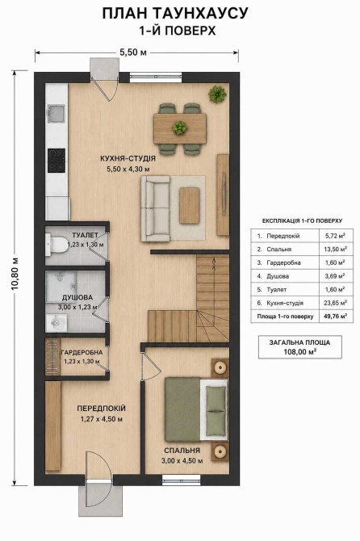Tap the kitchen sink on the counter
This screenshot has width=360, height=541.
(56, 114)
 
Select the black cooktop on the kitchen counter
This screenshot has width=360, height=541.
(57, 161)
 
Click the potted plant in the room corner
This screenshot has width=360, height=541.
(217, 94)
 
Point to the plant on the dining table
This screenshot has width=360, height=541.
(180, 128)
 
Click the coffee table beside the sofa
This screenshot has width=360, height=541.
(190, 205)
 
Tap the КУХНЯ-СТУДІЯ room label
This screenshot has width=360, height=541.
(128, 159)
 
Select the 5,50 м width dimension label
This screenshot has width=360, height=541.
(132, 52)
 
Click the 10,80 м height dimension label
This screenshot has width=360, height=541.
(15, 275)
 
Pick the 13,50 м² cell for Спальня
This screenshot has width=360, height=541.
(336, 250)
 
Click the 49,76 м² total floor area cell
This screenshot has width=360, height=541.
(336, 316)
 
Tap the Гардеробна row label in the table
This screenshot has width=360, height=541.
(284, 262)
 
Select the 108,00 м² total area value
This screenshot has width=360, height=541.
(300, 352)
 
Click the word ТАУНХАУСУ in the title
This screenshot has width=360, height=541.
(200, 14)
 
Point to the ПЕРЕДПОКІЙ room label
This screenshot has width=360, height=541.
(102, 409)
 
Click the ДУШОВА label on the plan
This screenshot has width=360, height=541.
(77, 297)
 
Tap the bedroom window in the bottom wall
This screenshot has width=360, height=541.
(182, 479)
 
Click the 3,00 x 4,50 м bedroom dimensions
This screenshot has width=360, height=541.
(182, 460)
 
